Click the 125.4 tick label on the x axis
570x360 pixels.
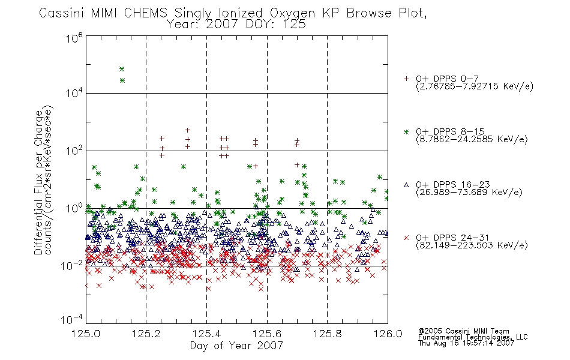207,334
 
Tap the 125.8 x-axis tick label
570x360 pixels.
328,334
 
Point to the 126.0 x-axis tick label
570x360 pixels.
388,334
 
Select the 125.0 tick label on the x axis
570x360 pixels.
86,334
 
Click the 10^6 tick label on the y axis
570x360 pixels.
74,38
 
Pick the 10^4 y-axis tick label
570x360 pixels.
74,94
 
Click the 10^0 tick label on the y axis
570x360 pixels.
74,208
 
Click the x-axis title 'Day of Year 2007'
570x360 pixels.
236,346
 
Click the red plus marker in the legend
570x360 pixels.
406,79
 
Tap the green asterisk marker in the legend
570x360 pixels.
406,132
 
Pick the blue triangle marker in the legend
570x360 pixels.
406,185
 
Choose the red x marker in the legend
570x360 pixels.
406,238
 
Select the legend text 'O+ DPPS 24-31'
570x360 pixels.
453,238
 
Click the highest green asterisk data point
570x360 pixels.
122,69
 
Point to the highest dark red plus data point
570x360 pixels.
188,130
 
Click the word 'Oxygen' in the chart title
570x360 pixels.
292,13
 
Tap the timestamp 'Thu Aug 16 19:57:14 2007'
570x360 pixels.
466,343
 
